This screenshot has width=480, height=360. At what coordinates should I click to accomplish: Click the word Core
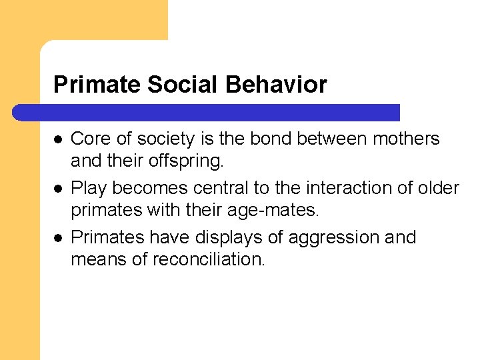[x=89, y=139]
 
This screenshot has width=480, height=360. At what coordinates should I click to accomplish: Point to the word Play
[x=89, y=189]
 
